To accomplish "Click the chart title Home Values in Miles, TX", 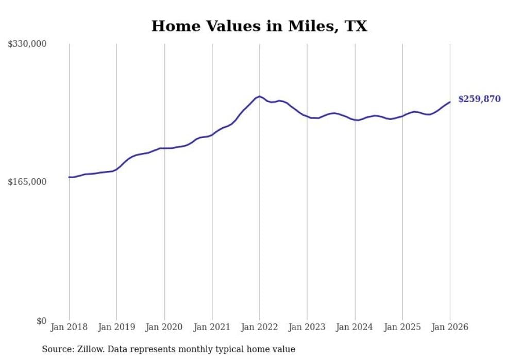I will tap(259, 26).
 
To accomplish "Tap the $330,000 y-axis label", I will tap(27, 44).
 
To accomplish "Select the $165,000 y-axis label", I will tap(27, 182).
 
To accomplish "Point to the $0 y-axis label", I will tap(41, 321).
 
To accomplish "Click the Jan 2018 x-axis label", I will tap(69, 327).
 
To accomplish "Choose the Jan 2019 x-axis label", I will tap(116, 327).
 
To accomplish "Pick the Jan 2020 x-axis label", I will tap(164, 327).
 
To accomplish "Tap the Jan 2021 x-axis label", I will tap(212, 327).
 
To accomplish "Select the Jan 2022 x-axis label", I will tap(260, 327).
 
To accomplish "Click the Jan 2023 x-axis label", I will tap(307, 327).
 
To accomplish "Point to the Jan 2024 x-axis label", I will tap(355, 327).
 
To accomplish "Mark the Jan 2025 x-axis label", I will tap(402, 327).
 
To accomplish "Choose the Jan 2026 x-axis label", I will tap(450, 327).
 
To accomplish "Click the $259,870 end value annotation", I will tap(479, 99).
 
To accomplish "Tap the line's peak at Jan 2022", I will tap(259, 96).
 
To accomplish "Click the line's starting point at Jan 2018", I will tap(69, 177).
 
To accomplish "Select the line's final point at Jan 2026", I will tap(450, 102).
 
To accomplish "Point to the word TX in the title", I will tap(356, 26).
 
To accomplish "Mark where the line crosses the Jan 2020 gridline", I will tap(164, 148).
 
